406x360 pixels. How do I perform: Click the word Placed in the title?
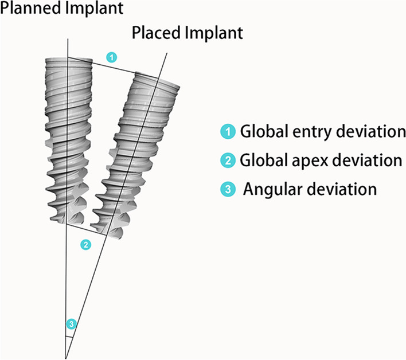coord(155,32)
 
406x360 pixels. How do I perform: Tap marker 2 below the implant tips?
coord(85,245)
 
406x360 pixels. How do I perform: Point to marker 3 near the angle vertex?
coord(71,324)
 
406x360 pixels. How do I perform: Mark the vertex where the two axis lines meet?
coord(67,356)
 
